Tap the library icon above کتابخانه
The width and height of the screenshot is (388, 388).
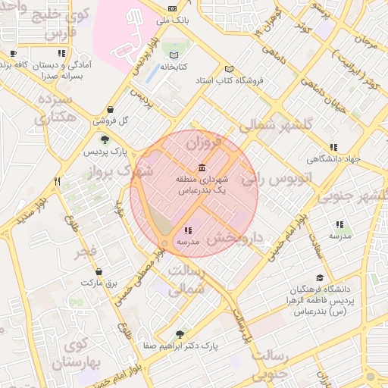point(176,55)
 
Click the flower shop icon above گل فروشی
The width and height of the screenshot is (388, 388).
point(111,108)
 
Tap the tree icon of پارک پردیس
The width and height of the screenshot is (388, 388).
point(105,139)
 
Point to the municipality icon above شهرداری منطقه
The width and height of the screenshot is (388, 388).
point(201,167)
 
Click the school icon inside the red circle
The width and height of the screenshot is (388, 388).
point(187,230)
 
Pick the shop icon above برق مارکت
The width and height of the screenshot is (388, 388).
point(98,271)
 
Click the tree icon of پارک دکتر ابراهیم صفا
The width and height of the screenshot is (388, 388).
point(179,333)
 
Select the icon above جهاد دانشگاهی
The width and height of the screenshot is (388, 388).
point(332,148)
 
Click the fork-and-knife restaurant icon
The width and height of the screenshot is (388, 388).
point(57,181)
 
